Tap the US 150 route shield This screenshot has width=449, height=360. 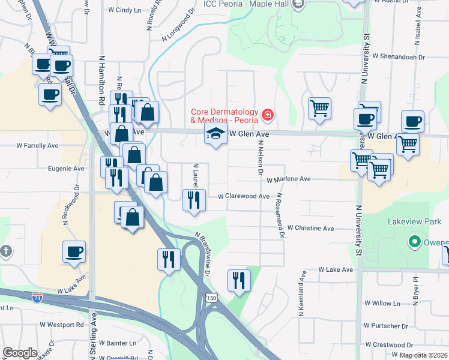(211, 298)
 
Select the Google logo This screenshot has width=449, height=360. (20, 353)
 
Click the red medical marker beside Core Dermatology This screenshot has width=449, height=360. (267, 114)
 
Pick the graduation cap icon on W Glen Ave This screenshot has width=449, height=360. (213, 134)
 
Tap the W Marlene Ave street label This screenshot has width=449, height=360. (289, 179)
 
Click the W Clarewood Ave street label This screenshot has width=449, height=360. (243, 196)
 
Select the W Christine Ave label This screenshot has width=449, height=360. (310, 228)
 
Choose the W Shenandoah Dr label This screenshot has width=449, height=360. (398, 57)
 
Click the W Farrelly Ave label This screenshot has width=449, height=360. (37, 145)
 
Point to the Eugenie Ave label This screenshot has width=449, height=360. (66, 169)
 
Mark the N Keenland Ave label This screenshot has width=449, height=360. (301, 293)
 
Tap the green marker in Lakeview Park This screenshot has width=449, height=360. (414, 242)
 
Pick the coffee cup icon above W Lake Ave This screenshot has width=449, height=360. (74, 252)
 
